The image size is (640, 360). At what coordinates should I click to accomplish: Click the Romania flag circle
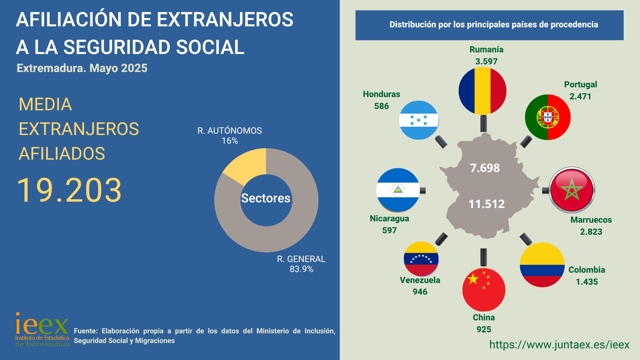482,91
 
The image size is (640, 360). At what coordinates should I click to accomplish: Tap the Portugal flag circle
548,117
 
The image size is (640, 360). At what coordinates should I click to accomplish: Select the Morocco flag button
572,190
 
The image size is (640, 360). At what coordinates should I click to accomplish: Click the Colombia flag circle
542,265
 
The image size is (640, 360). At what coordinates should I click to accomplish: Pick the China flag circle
484,290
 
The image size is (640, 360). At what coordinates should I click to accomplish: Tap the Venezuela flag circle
421,259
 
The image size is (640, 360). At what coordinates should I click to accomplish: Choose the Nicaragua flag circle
398,190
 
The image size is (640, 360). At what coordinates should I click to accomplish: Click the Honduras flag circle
419,120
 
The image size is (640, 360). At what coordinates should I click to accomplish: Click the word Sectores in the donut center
266,198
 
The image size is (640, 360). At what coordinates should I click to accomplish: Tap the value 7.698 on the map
485,168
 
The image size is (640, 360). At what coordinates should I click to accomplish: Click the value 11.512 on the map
486,204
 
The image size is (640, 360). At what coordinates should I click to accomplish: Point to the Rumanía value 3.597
486,61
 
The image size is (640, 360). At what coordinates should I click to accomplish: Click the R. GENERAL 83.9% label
301,264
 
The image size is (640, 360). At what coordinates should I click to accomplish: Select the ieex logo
42,329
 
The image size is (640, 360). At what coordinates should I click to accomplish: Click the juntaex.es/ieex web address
559,345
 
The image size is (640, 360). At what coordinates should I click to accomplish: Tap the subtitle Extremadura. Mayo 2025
82,68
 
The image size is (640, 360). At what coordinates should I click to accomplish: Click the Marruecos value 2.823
591,232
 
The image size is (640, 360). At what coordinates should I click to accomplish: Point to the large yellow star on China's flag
473,279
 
